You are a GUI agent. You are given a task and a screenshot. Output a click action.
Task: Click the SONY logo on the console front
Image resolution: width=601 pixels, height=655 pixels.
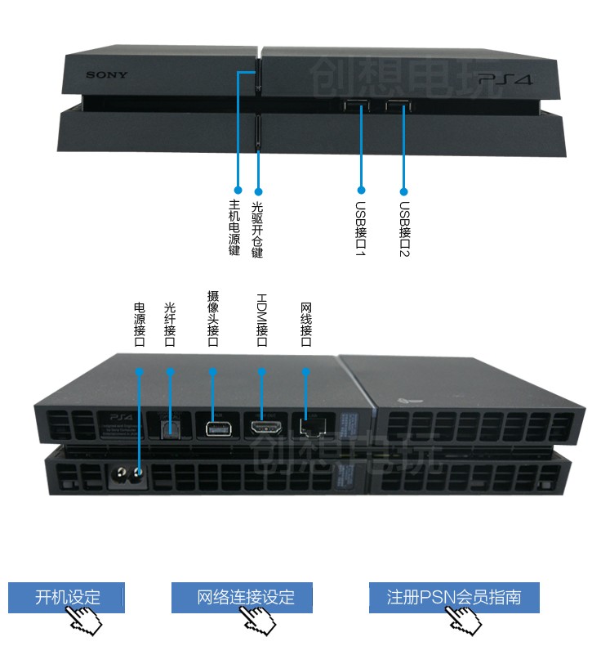pos(107,76)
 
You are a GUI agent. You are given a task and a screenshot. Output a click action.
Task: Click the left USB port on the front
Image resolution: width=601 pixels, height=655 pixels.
pos(356,107)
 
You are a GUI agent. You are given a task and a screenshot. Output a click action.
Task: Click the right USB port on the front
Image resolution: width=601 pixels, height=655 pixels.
pos(398,107)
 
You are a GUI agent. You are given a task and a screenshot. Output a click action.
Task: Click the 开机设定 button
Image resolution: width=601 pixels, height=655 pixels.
pos(66,597)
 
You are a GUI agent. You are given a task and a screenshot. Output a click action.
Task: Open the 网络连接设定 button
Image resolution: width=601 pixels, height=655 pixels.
pos(242,597)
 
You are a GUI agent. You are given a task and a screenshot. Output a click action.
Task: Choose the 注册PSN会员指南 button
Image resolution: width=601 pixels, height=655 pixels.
pos(454,597)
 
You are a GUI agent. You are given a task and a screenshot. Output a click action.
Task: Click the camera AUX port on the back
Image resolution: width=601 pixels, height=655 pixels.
pos(216,426)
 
